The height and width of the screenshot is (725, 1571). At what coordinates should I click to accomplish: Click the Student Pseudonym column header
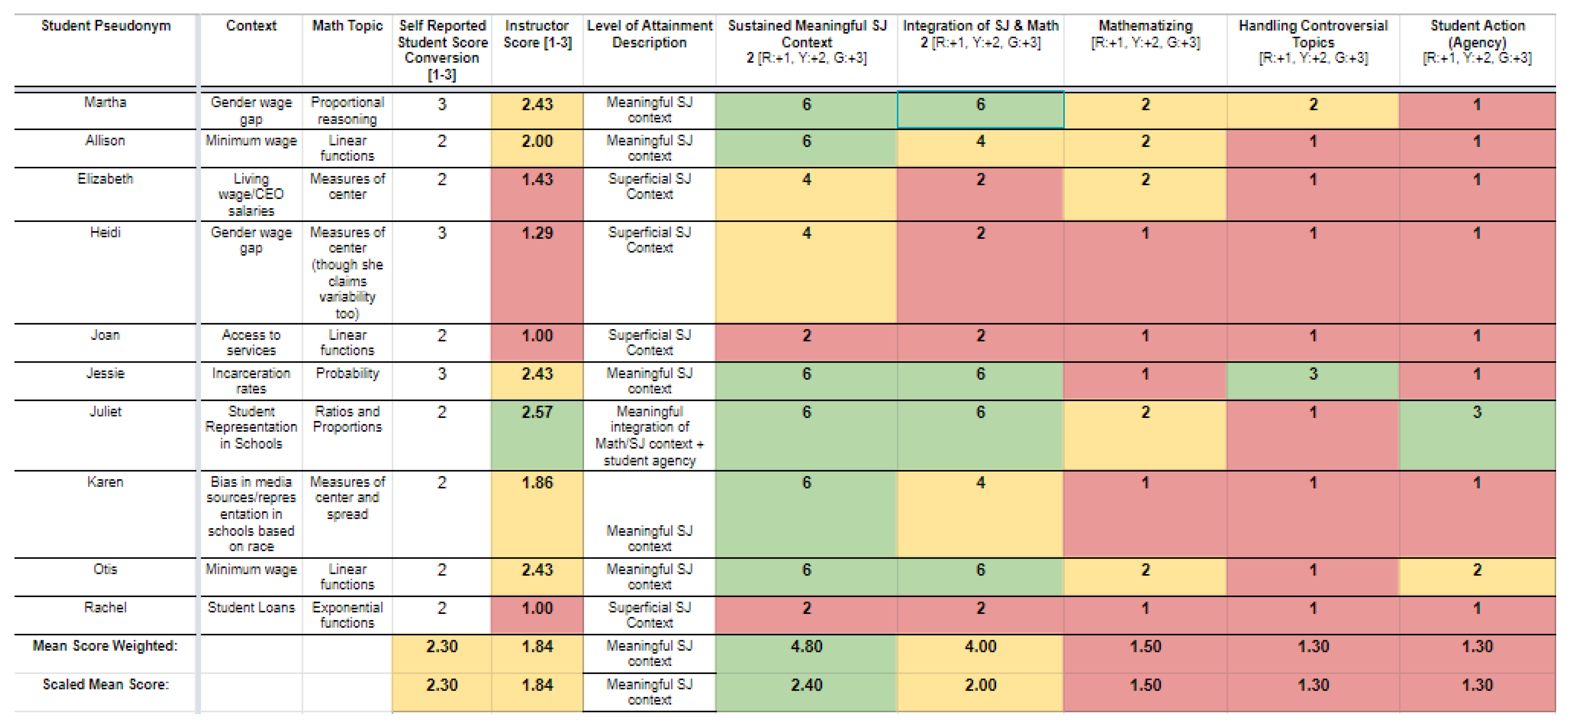[x=105, y=25]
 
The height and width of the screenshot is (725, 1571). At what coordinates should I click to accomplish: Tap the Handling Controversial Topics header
[x=1313, y=41]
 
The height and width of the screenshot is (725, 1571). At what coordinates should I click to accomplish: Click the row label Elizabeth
[x=105, y=179]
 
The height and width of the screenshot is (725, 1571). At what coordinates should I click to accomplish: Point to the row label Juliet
[x=105, y=411]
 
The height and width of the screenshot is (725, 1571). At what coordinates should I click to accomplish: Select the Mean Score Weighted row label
[x=105, y=646]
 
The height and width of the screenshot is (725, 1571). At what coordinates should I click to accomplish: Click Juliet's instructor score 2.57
[x=537, y=412]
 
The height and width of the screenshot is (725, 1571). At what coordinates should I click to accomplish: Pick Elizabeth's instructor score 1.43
[x=537, y=179]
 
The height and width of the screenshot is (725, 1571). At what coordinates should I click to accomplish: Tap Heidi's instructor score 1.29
[x=537, y=233]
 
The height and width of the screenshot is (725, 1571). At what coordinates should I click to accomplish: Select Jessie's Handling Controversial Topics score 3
[x=1313, y=374]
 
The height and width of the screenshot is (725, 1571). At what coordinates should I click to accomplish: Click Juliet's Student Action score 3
[x=1477, y=412]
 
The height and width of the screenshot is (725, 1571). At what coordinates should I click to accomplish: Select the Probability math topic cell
[x=347, y=373]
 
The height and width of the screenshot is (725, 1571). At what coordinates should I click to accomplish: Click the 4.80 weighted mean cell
[x=806, y=646]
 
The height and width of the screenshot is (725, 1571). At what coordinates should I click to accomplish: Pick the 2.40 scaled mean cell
[x=806, y=685]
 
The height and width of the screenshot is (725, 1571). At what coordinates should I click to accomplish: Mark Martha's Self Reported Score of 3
[x=442, y=104]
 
